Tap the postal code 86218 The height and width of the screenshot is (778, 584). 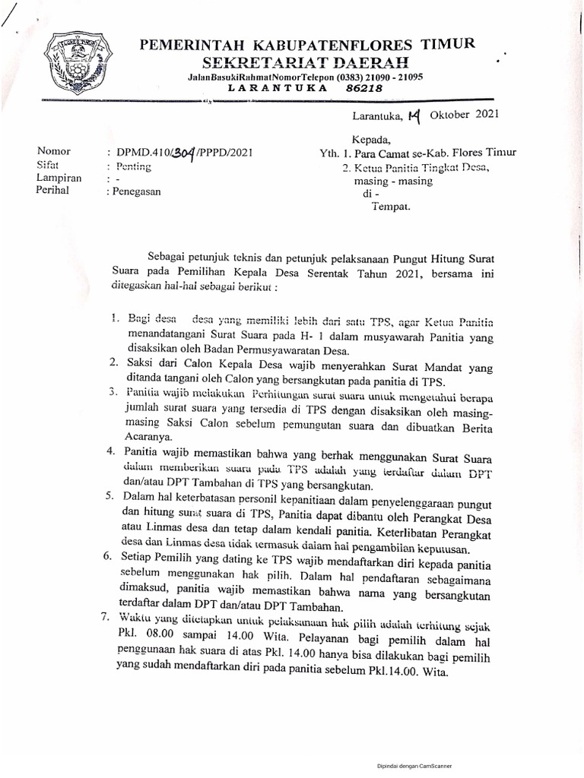click(x=363, y=88)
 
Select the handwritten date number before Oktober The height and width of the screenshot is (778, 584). click(x=414, y=115)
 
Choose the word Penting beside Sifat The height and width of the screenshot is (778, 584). click(x=133, y=166)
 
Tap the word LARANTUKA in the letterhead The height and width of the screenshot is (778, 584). click(x=288, y=88)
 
